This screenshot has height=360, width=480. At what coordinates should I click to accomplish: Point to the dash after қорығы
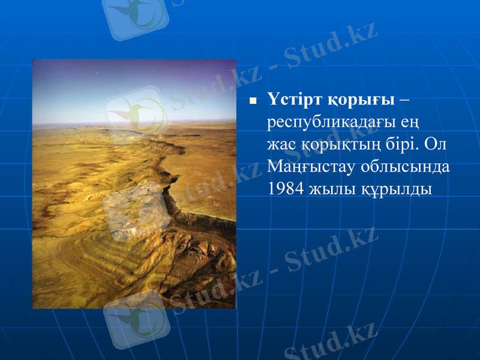coord(404,98)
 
